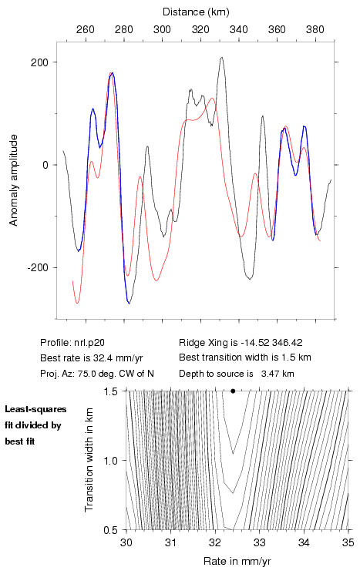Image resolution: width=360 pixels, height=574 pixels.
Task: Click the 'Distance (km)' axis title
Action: point(196,12)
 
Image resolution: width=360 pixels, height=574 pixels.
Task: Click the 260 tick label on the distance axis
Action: point(86,29)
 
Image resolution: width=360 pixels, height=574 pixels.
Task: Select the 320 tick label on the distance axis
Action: point(200,29)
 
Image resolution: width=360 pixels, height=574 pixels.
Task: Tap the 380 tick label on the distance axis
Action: point(315,29)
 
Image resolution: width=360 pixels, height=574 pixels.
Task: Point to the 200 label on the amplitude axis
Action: point(39,62)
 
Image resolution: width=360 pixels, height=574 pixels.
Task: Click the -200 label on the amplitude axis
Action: point(37,268)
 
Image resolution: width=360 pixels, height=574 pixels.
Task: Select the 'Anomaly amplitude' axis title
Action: point(14,180)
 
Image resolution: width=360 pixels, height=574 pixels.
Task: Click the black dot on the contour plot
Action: point(233,391)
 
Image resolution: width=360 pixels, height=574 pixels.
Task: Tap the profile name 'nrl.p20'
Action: point(89,343)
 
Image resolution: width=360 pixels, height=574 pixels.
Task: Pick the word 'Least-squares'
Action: point(35,409)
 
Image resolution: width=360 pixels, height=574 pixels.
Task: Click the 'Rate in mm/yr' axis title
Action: point(237,561)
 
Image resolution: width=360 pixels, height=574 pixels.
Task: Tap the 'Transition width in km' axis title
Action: point(89,460)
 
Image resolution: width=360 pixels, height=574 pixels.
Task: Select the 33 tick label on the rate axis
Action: point(259,542)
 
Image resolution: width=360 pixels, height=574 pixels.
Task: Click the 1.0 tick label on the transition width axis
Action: point(110,461)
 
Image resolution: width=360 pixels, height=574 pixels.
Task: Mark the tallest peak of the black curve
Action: point(221,57)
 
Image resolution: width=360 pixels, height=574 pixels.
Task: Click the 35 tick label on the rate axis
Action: point(348,542)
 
